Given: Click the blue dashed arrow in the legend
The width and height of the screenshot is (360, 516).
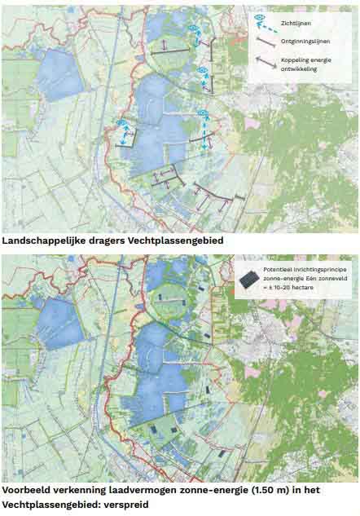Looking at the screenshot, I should click(270, 21).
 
